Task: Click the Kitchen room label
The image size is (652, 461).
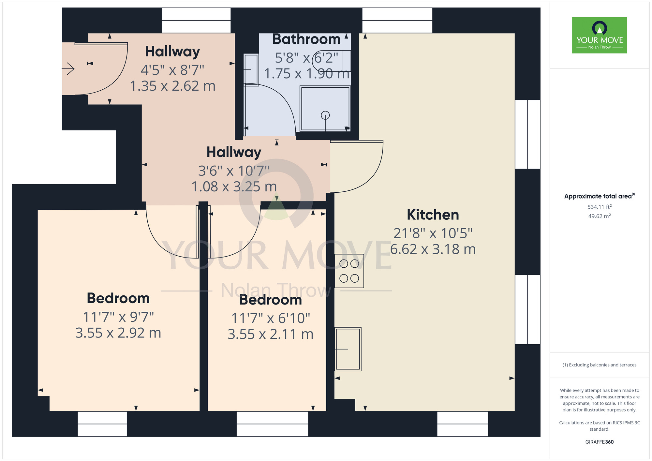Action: pos(433,215)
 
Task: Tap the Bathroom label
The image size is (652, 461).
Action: pos(306,39)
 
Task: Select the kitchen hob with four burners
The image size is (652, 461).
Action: pos(349,271)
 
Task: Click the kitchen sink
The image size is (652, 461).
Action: pos(348,349)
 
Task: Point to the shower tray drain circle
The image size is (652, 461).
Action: pos(325,115)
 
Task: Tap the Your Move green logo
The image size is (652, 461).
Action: pos(600,35)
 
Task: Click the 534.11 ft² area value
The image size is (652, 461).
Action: pos(600,207)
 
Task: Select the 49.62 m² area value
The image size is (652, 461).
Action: pos(600,216)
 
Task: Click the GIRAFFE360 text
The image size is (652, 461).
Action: pos(600,442)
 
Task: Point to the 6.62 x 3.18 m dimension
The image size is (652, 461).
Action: pos(433,249)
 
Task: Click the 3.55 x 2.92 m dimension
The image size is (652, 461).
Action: pos(118,333)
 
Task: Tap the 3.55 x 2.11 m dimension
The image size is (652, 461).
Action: pos(271,334)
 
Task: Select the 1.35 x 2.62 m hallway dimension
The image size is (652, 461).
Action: pos(173,86)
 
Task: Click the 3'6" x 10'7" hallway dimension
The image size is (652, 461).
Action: pos(234,171)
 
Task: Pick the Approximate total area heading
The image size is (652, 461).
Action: pos(600,196)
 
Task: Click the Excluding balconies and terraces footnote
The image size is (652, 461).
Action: pos(600,365)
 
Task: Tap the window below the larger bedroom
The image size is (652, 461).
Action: pos(102,424)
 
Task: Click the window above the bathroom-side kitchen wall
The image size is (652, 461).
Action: pos(397,20)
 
